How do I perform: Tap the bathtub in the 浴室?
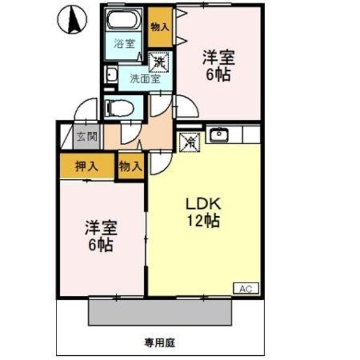(x=125, y=20)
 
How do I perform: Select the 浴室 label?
(x=124, y=43)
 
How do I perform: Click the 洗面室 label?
(x=146, y=79)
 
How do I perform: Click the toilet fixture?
(x=116, y=107)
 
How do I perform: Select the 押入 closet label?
(x=87, y=166)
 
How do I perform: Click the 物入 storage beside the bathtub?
(x=159, y=27)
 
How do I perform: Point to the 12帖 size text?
(x=204, y=220)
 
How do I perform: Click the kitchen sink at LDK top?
(x=219, y=133)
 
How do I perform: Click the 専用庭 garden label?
(x=159, y=343)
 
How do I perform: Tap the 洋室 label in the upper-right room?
(x=218, y=58)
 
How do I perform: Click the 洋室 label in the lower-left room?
(x=100, y=228)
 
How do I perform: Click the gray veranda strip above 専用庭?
(x=158, y=310)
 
